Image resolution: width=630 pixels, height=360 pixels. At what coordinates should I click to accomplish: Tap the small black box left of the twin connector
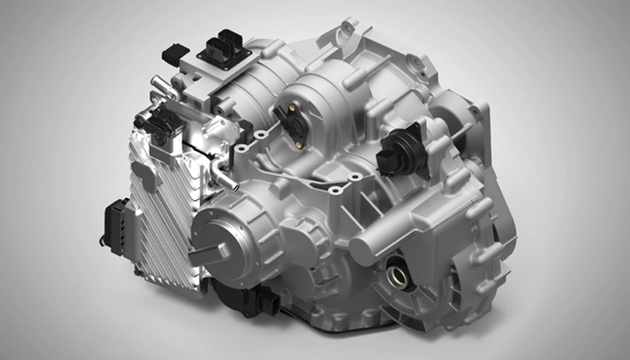pos(173,53)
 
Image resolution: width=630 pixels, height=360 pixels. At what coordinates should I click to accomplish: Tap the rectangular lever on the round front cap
pos(207,254)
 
